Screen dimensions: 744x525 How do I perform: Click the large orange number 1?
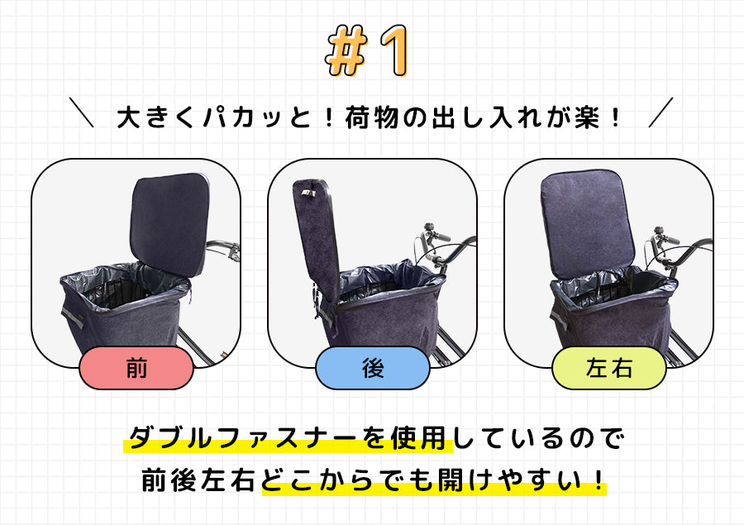tap(394, 50)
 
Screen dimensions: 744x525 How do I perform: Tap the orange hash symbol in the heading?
tap(347, 50)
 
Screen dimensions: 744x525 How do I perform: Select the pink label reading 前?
tap(136, 368)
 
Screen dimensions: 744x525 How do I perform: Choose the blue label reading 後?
tap(373, 368)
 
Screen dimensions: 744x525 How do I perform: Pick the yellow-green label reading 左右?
tap(608, 368)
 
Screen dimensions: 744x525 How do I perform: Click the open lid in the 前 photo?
tap(169, 223)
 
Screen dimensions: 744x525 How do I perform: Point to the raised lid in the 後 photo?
tap(317, 240)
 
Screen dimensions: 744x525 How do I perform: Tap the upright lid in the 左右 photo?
tap(588, 223)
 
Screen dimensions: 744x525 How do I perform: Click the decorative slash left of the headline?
tap(81, 112)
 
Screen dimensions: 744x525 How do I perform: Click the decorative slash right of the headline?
tap(661, 112)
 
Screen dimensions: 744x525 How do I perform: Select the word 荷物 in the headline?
tap(372, 117)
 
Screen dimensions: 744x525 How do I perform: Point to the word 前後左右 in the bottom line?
tap(200, 480)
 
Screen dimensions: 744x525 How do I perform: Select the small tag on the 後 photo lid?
tap(308, 193)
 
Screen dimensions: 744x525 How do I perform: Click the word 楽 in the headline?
tap(587, 117)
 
